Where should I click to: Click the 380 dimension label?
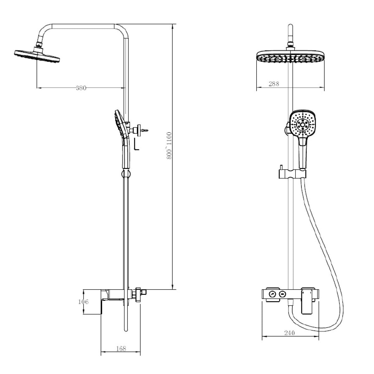point(81,88)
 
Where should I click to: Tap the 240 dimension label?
point(290,333)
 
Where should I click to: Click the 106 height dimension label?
point(83,302)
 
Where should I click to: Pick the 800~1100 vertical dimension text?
point(169,146)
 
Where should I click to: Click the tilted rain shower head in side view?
point(37,56)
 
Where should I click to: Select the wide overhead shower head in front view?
point(290,57)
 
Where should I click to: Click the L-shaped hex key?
point(137,144)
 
